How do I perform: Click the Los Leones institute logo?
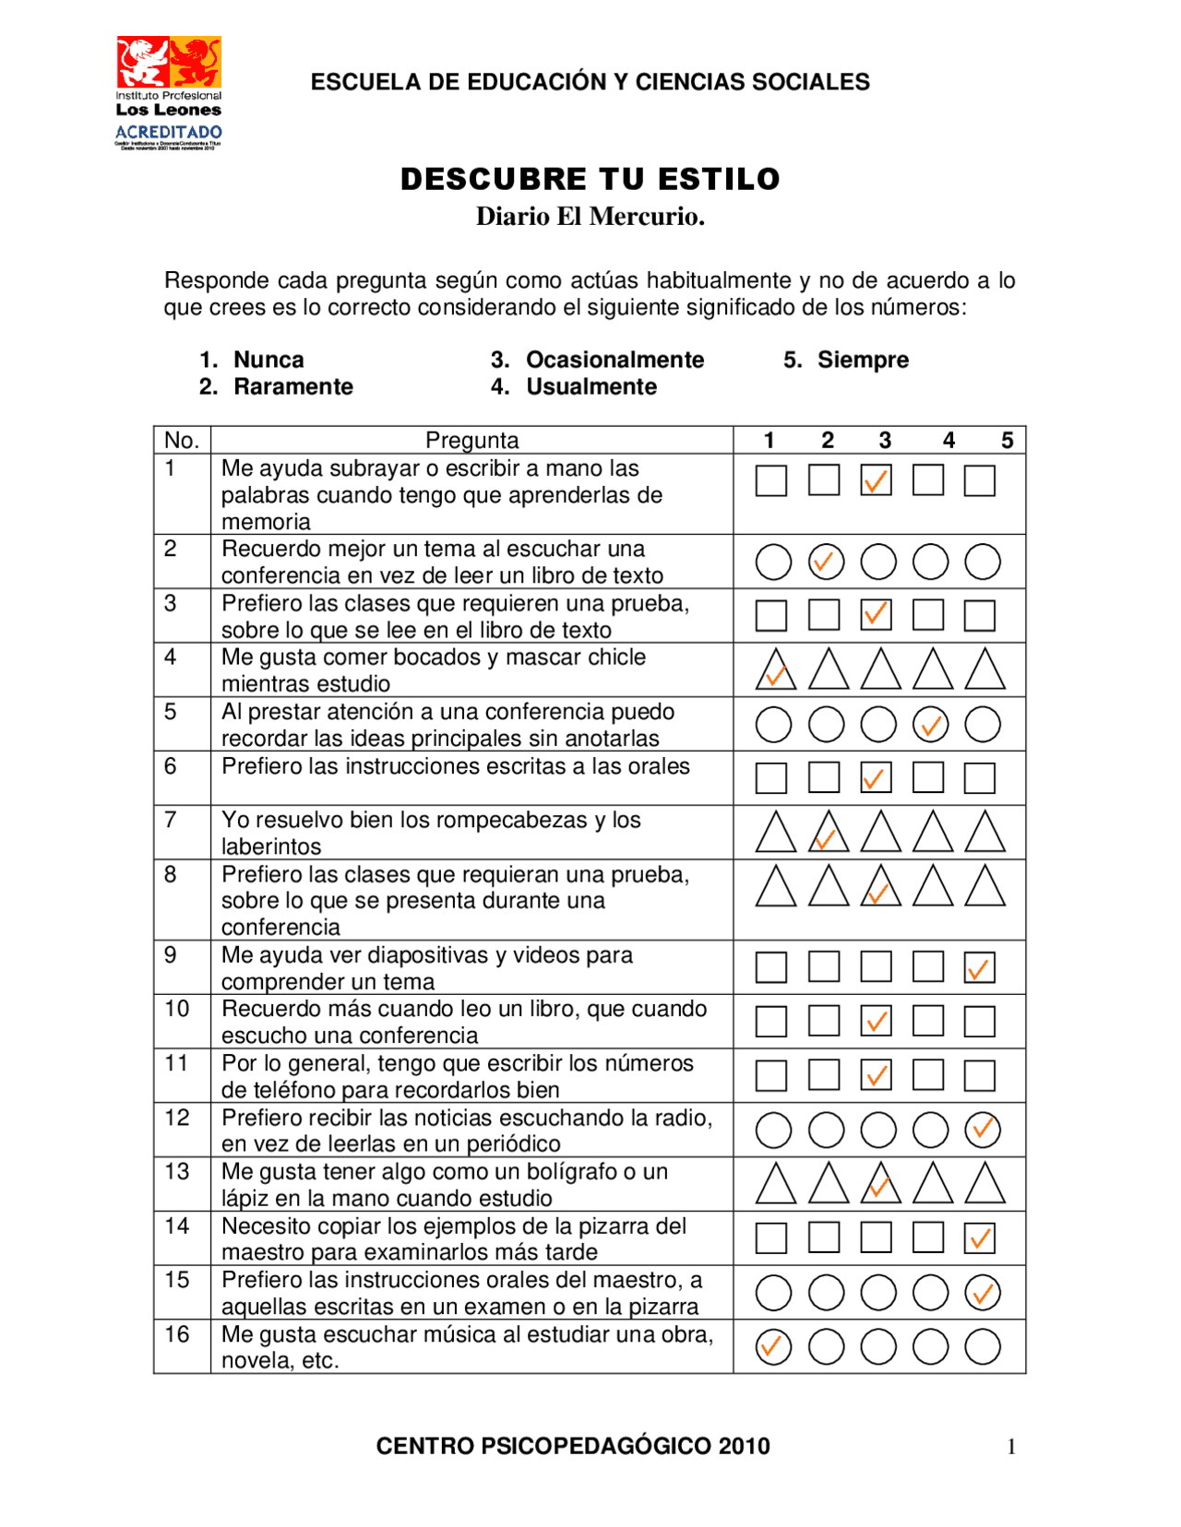(x=168, y=92)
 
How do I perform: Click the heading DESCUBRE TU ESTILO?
(x=590, y=179)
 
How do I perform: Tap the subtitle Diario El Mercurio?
(x=590, y=217)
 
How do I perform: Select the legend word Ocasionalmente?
(x=614, y=360)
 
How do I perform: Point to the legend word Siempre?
(x=862, y=360)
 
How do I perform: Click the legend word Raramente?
(x=292, y=386)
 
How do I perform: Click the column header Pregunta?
(x=471, y=440)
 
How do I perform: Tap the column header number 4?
(x=948, y=440)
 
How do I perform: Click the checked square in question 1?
(x=876, y=480)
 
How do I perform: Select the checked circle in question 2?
(x=826, y=562)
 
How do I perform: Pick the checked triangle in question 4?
(x=775, y=671)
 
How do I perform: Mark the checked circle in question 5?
(x=930, y=725)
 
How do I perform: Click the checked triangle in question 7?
(x=828, y=834)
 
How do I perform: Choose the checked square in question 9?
(x=979, y=967)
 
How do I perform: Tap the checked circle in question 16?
(x=773, y=1346)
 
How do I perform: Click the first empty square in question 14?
(x=771, y=1237)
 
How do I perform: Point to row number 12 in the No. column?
(x=177, y=1118)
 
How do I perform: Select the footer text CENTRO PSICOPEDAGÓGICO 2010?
(x=572, y=1446)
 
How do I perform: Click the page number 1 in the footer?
(x=1011, y=1447)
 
